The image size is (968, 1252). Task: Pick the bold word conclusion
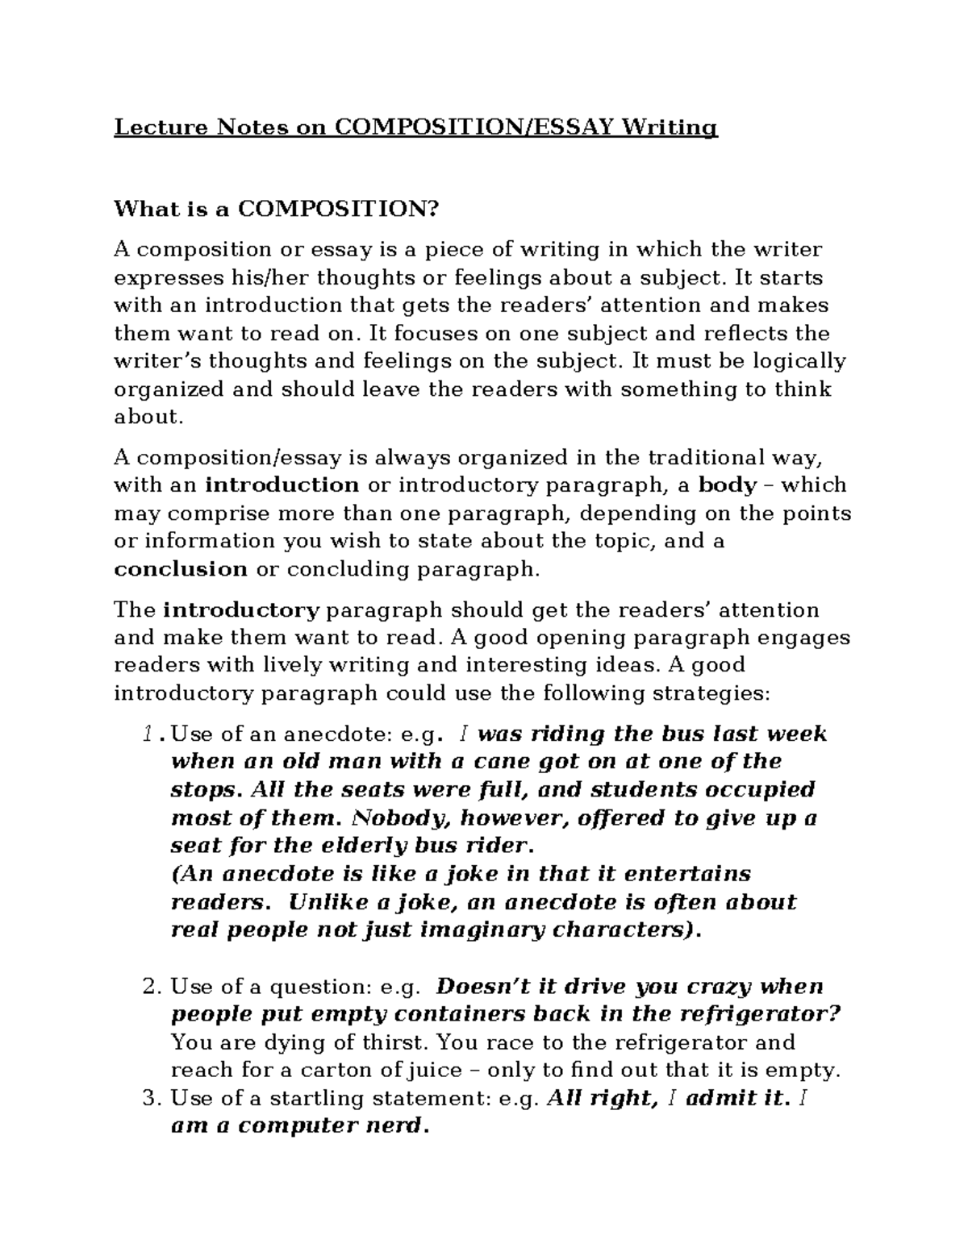pyautogui.click(x=181, y=569)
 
